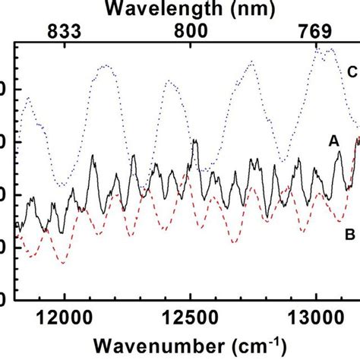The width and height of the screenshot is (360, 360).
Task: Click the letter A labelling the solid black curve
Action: [333, 141]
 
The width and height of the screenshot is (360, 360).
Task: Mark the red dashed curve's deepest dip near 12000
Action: [63, 263]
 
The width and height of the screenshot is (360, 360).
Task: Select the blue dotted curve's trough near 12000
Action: [61, 185]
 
